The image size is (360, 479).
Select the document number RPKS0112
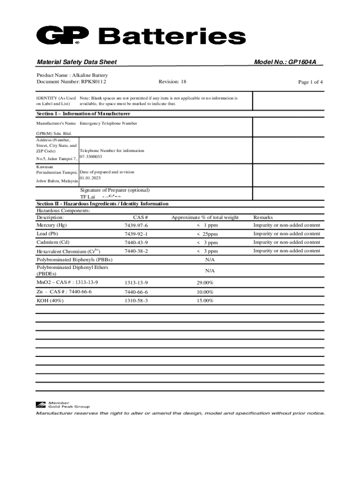coord(94,82)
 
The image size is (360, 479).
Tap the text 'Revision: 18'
coord(172,82)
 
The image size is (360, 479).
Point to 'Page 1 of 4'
coord(310,82)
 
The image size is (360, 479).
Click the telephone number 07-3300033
coord(91,157)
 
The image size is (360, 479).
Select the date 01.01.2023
coord(90,178)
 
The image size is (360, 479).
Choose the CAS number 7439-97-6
coord(136,225)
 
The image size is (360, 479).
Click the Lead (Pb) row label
coord(47,233)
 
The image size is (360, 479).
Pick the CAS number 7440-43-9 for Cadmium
coord(136,242)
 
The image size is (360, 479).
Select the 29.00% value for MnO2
coord(205,283)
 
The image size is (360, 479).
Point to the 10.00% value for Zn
coord(205,292)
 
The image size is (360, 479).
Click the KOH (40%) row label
coord(50,300)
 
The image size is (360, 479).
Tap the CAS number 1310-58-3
coord(136,301)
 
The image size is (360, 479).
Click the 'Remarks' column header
coord(263,217)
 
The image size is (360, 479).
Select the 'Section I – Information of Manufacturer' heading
coord(83,114)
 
